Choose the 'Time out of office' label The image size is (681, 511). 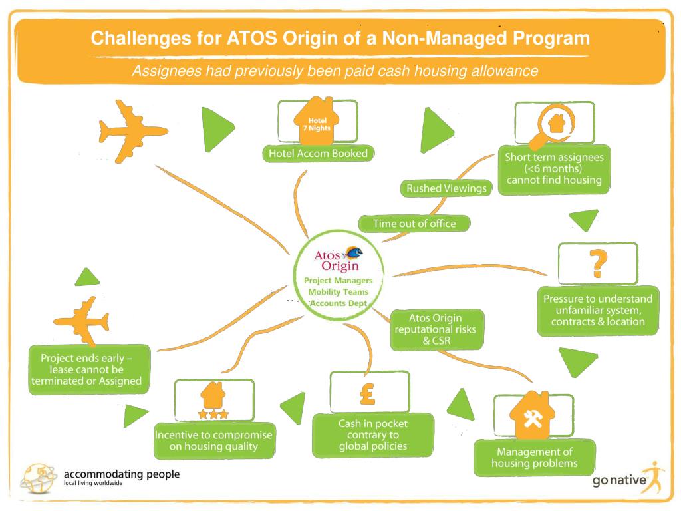pos(414,224)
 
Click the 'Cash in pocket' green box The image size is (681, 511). pos(372,434)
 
